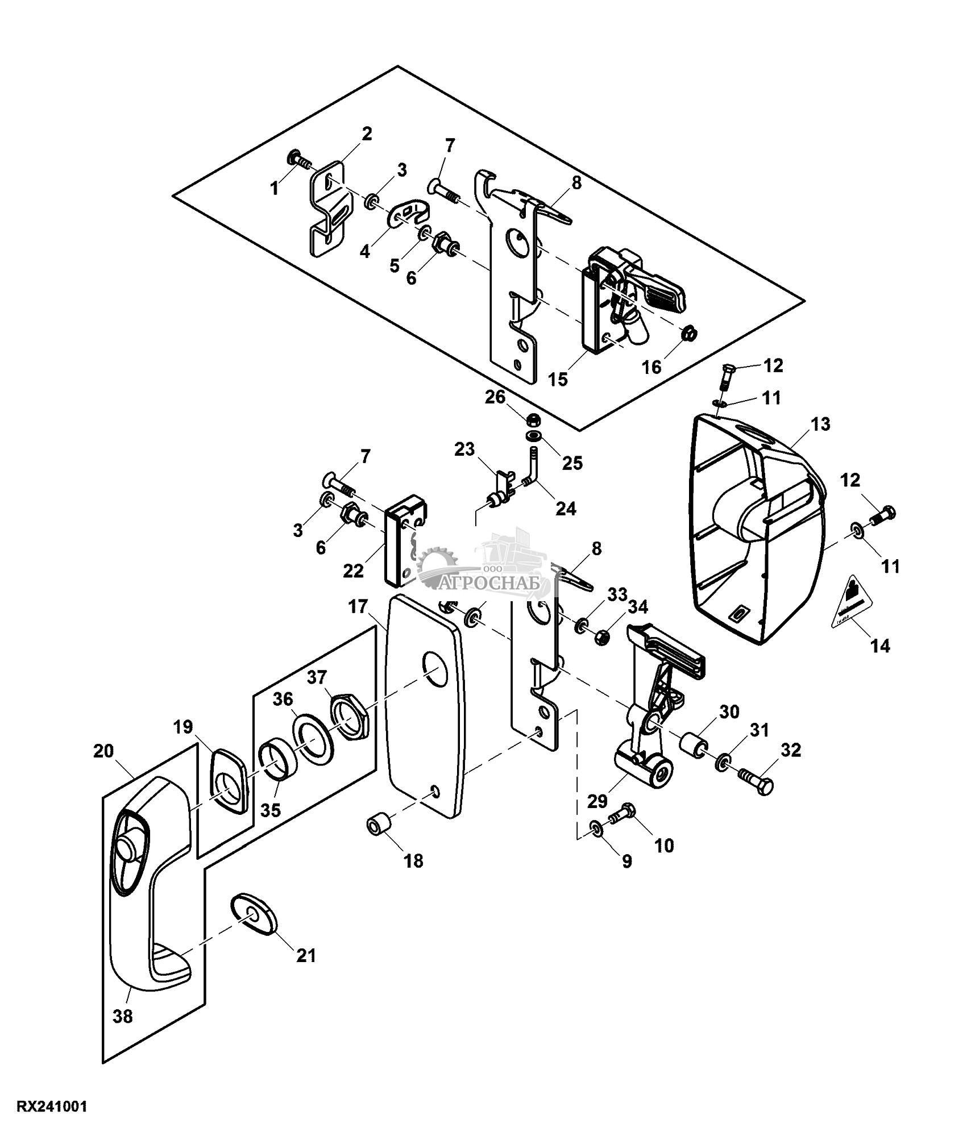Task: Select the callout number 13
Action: point(821,424)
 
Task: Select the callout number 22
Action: point(353,570)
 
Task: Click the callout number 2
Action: point(366,135)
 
